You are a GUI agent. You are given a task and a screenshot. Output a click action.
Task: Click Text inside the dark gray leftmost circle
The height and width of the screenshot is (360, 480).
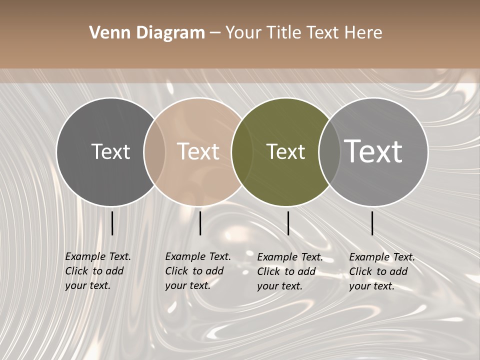tap(110, 151)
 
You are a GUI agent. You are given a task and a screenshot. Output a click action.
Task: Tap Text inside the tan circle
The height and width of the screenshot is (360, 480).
tap(198, 151)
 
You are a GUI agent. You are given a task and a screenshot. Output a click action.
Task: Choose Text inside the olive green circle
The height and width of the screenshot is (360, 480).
tap(285, 151)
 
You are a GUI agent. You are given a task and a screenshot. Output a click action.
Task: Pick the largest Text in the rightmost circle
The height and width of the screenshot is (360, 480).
tap(373, 151)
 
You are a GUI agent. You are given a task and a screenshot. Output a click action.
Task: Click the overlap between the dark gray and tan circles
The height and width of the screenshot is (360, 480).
tap(154, 151)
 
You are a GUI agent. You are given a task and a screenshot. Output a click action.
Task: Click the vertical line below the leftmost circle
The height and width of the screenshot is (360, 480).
tap(112, 223)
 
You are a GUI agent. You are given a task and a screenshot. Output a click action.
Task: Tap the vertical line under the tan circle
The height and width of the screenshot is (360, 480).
tap(200, 223)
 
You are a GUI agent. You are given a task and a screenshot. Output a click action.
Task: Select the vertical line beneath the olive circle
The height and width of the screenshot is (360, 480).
tap(288, 223)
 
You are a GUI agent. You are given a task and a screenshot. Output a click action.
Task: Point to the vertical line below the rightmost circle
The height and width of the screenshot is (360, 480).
tap(372, 223)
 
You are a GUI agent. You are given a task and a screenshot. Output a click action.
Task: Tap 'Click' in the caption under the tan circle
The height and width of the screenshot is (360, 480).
tap(176, 271)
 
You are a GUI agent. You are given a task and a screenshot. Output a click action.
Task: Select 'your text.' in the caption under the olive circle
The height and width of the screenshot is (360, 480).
tap(280, 286)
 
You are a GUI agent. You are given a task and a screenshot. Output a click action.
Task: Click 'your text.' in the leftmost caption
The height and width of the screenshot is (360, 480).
tap(88, 285)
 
